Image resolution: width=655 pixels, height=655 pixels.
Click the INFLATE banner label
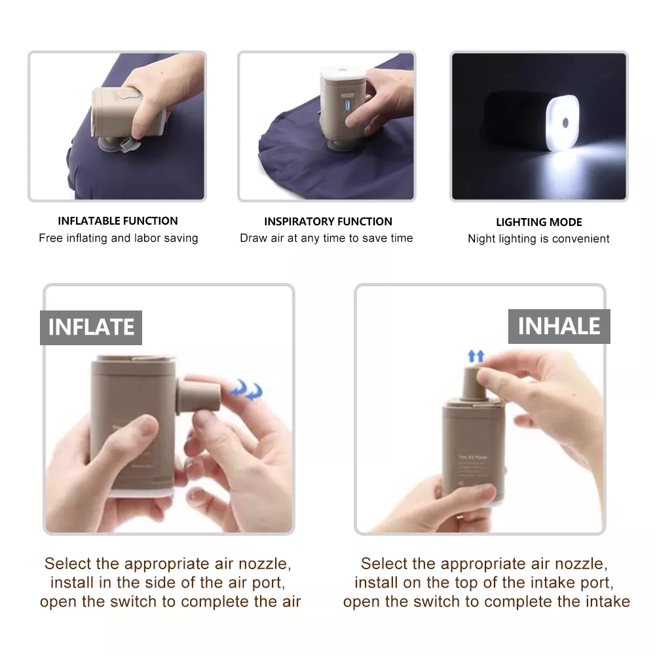pos(91,327)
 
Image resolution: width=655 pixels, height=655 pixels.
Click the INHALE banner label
pos(559,326)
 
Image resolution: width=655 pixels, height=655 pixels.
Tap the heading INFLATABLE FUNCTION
pos(118,221)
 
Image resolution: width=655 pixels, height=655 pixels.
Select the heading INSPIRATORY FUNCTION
pos(328,221)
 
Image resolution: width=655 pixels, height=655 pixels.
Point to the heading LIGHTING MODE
pos(538,222)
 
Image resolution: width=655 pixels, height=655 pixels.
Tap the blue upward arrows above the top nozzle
pos(476,356)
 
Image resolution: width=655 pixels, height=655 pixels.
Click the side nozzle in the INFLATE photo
pos(200,392)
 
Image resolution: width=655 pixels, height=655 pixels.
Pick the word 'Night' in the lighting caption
pos(481,239)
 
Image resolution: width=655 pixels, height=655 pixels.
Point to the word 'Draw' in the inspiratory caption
pos(253,238)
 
